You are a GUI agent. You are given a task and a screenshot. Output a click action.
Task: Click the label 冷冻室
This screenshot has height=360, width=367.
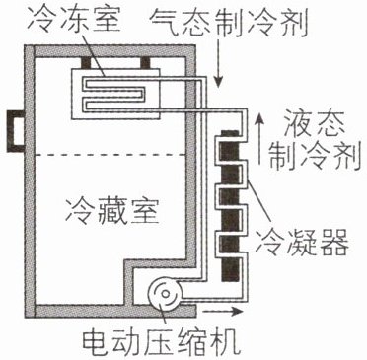point(74,20)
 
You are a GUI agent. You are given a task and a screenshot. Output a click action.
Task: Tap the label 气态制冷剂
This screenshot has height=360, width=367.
point(229,23)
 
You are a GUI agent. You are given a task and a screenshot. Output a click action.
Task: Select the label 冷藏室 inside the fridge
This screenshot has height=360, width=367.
point(112,210)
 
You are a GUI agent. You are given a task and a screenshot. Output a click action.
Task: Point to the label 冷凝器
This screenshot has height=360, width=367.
point(302,243)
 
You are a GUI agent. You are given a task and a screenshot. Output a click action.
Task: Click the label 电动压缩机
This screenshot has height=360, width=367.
point(160,342)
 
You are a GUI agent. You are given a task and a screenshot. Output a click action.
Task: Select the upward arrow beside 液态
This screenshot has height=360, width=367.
point(259,138)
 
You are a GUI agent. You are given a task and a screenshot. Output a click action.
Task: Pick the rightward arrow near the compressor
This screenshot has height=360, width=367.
point(223,311)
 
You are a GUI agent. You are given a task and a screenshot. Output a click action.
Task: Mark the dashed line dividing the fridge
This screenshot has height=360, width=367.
point(110,155)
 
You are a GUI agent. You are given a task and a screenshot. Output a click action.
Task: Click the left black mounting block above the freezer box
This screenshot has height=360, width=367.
point(86,63)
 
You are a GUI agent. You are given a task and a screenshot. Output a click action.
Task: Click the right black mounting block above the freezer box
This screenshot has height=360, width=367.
point(146,63)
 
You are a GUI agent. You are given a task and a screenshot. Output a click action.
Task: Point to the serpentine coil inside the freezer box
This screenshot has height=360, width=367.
point(113,94)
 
